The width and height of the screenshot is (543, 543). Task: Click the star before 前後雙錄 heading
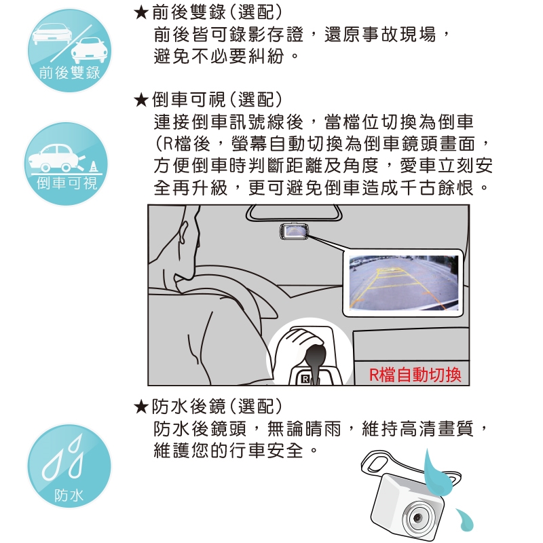tap(141, 13)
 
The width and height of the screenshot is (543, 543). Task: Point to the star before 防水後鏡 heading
tap(141, 407)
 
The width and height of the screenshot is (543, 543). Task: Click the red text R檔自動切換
tap(415, 375)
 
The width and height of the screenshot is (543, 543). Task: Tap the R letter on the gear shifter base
tap(305, 379)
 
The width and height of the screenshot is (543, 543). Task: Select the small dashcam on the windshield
tap(295, 231)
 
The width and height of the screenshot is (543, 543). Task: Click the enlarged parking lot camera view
tap(403, 282)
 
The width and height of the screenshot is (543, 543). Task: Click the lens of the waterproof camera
tap(418, 518)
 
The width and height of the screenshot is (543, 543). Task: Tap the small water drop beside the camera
tap(464, 519)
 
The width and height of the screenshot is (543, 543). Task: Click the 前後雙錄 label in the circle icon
tap(69, 73)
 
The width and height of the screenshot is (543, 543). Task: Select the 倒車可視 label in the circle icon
tap(67, 183)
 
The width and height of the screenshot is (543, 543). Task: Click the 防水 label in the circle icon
tap(69, 495)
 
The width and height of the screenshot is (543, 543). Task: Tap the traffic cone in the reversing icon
tap(93, 166)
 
